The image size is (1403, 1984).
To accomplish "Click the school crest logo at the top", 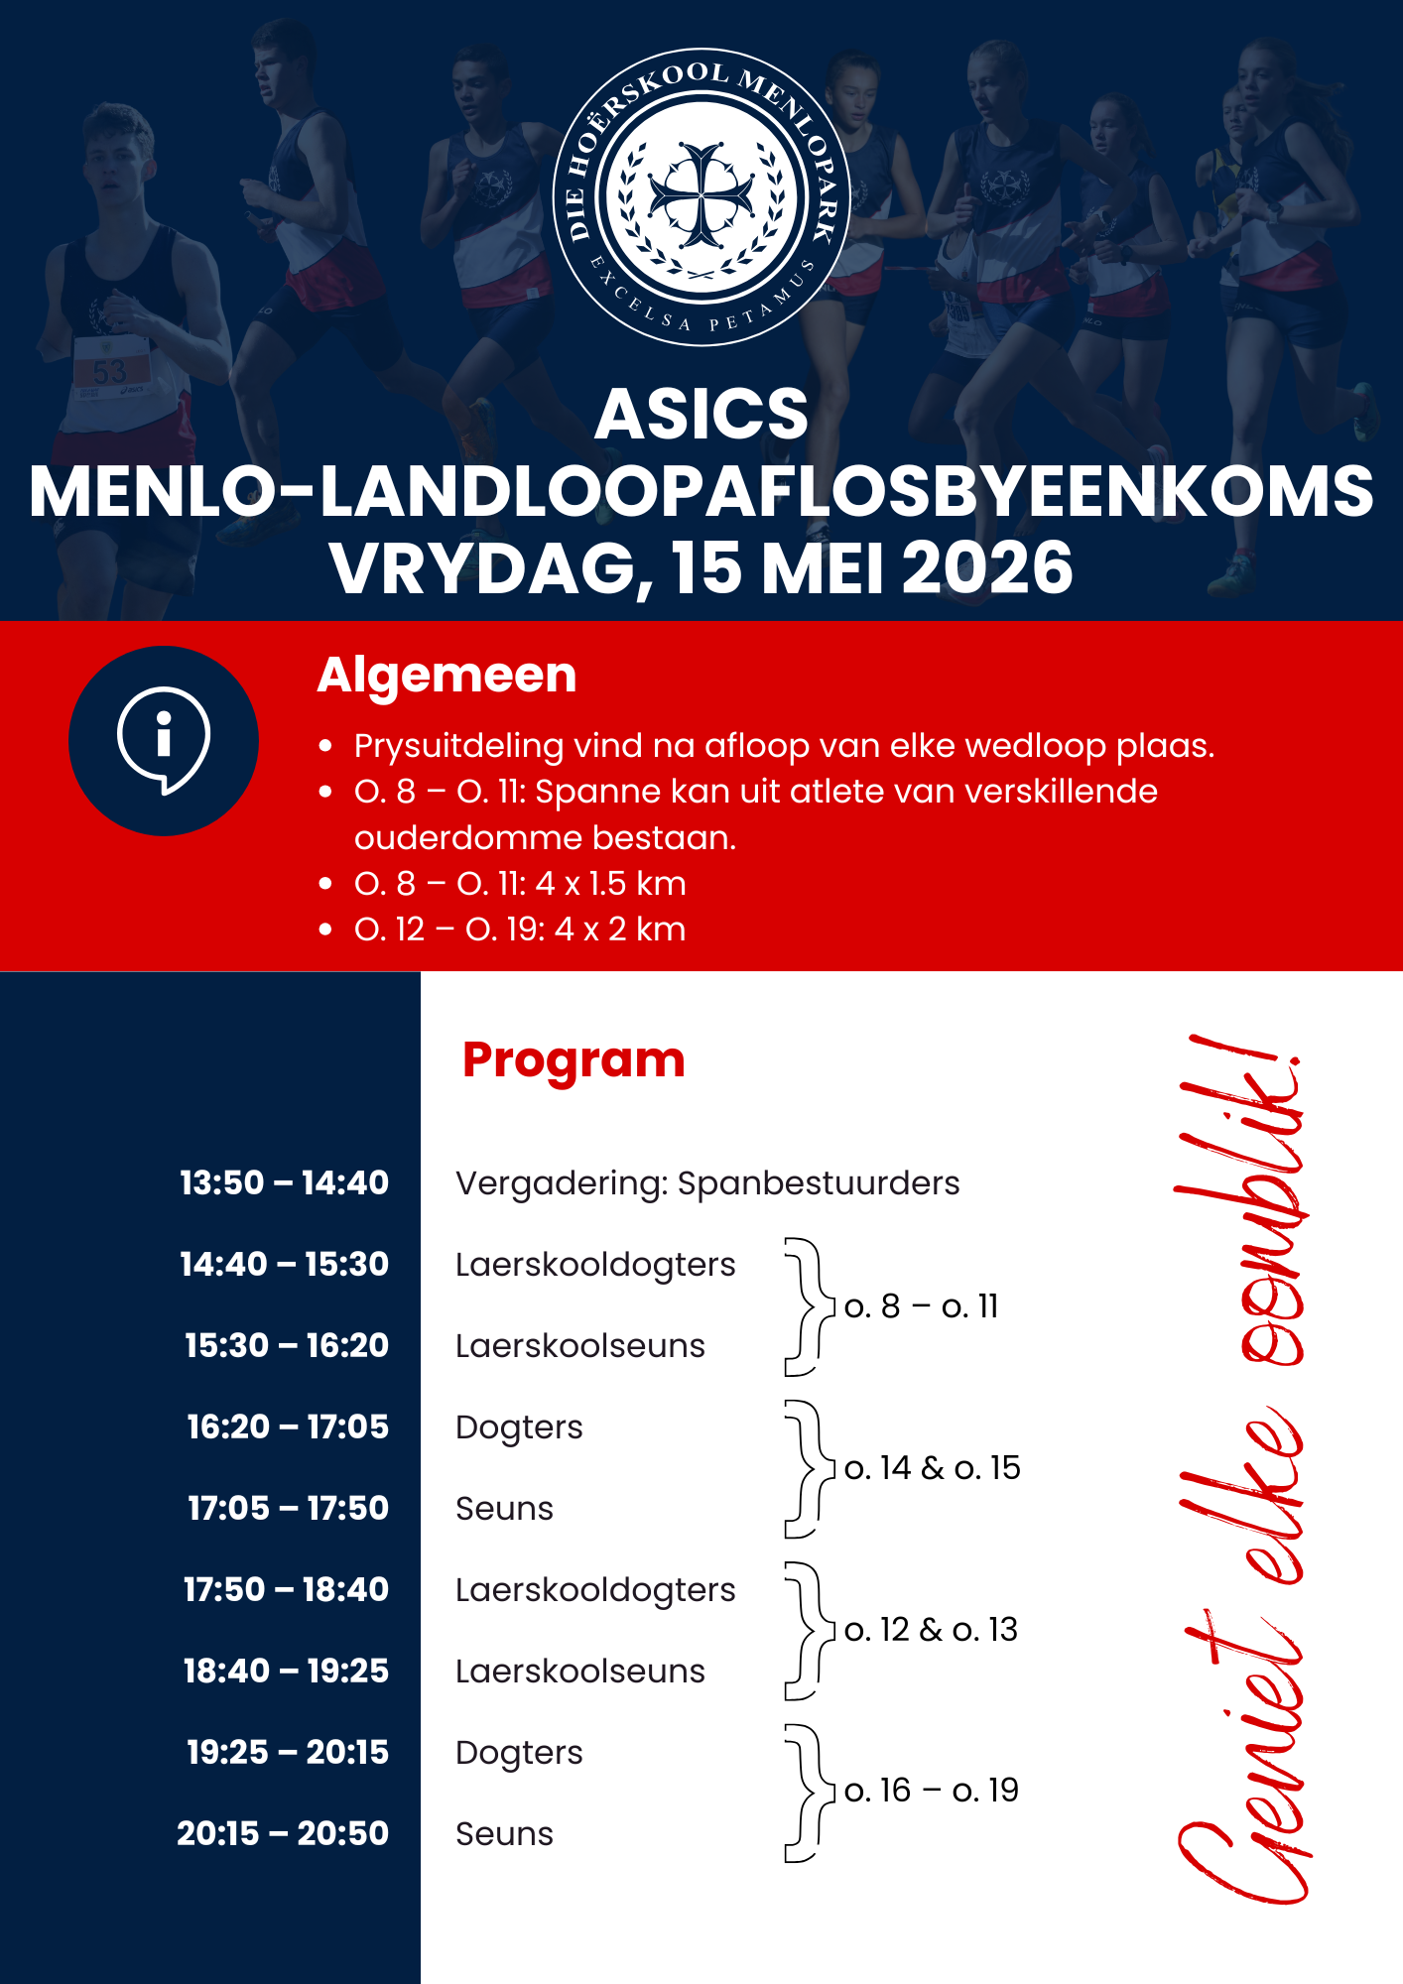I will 701,197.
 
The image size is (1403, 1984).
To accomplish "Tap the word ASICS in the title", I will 701,414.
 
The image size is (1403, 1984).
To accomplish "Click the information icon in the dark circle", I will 164,740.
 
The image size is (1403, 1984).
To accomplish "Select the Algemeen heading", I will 446,676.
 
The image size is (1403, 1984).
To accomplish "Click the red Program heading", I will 574,1059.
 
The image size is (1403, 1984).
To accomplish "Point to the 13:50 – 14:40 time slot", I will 284,1182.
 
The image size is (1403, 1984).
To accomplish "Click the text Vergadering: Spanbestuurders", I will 707,1182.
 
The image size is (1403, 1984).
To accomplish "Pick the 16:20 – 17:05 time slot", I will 288,1426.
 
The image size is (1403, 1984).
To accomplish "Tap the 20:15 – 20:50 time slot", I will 283,1833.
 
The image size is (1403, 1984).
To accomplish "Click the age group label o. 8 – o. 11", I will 921,1305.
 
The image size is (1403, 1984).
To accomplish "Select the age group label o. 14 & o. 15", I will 932,1468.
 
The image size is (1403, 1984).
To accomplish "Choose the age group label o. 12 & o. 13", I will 931,1630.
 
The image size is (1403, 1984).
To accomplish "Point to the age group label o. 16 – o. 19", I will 931,1791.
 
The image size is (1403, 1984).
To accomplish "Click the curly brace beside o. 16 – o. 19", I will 804,1793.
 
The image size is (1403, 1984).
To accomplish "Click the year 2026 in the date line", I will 987,568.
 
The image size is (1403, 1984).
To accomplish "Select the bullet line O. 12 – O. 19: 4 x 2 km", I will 520,930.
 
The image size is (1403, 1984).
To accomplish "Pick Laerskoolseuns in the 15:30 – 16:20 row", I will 580,1346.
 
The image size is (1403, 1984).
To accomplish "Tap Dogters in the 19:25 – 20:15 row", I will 519,1753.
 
